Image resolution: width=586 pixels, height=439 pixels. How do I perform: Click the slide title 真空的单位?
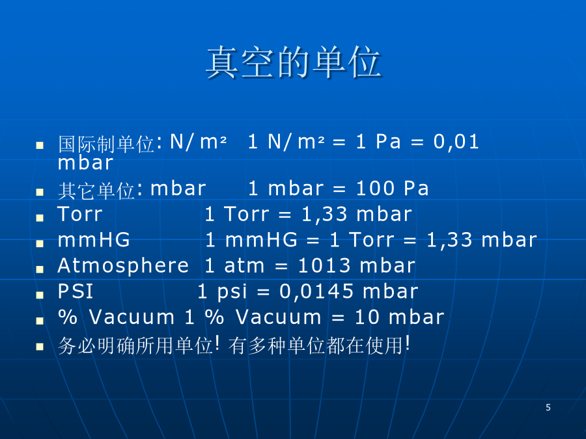point(294,62)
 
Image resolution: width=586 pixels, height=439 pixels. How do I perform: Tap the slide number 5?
point(548,407)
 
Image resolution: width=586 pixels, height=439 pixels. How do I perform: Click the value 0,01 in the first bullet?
point(456,142)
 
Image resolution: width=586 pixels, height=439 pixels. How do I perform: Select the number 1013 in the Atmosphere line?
point(324,266)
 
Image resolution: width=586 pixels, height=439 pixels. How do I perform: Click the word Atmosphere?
point(123,266)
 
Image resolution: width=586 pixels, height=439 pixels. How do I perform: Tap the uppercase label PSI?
point(75,291)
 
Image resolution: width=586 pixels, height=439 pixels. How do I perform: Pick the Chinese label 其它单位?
point(96,191)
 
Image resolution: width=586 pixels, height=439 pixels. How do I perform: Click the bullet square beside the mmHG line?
point(40,244)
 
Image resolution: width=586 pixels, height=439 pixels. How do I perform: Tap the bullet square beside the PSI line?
point(40,295)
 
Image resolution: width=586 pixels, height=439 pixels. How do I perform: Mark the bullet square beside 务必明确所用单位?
point(40,347)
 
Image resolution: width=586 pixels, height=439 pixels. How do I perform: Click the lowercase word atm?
point(244,266)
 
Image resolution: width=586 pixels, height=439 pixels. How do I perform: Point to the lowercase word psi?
point(232,292)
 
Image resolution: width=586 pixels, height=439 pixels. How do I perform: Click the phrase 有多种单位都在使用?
point(316,345)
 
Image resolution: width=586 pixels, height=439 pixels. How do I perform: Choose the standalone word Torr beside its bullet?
point(80,214)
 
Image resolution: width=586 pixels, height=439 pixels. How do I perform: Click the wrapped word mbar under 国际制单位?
point(85,163)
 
